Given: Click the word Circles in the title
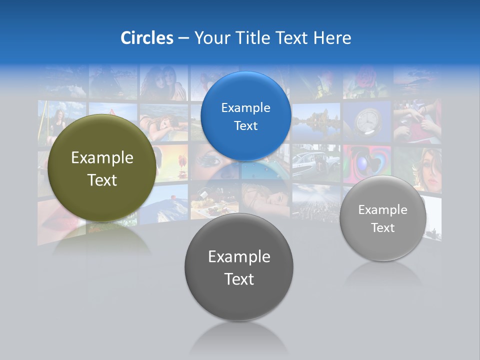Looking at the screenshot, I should [147, 38].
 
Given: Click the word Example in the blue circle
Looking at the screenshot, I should [245, 108].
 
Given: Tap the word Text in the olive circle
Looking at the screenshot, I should [102, 180].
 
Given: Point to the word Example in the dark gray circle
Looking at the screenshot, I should [239, 257].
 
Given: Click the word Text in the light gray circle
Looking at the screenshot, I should [382, 228].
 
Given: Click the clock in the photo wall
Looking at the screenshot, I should [368, 121].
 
